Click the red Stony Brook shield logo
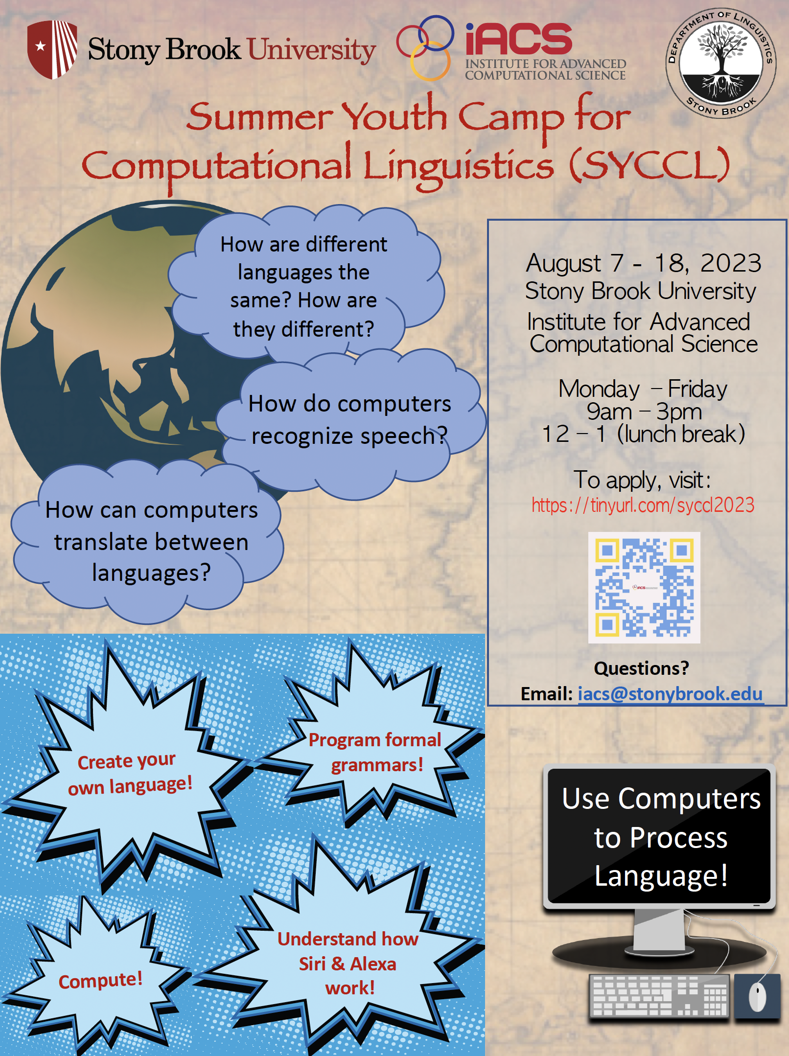(52, 49)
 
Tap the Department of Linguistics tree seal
(720, 62)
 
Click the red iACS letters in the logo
(518, 39)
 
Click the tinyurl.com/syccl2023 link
(643, 505)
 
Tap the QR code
(644, 587)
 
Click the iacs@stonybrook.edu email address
(670, 694)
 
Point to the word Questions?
(641, 668)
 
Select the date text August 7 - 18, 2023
(643, 263)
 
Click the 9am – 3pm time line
(644, 412)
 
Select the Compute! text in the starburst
(100, 980)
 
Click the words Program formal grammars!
(375, 753)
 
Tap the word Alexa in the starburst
(373, 964)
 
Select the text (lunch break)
(681, 434)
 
